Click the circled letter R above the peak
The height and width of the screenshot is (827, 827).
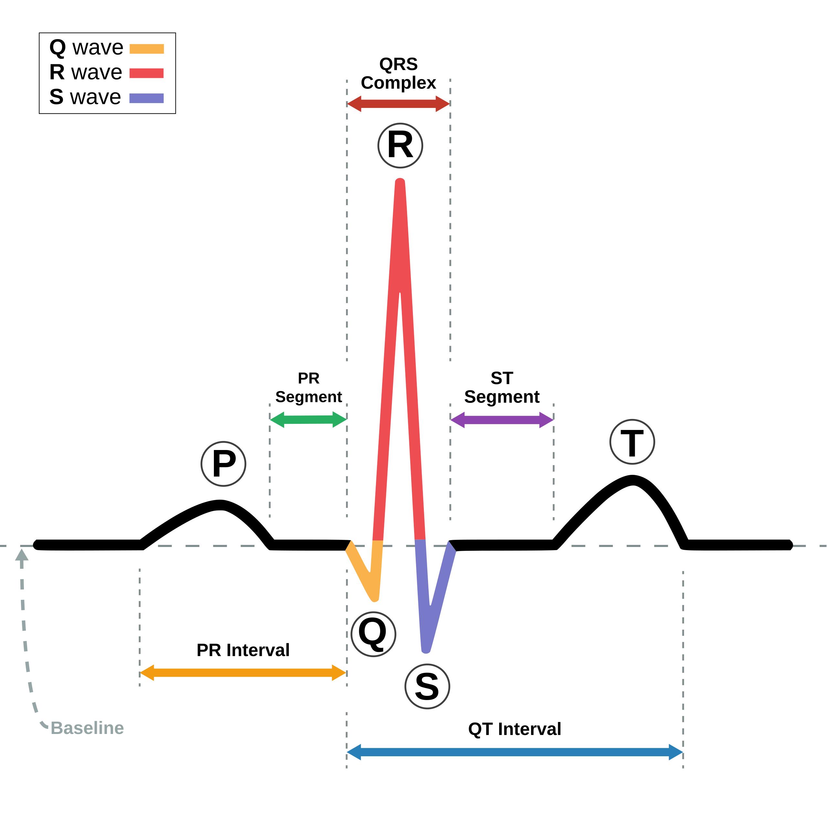pyautogui.click(x=400, y=146)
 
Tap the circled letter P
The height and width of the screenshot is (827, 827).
pyautogui.click(x=224, y=464)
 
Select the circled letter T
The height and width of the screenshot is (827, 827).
pyautogui.click(x=632, y=442)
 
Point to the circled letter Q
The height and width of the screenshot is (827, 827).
pyautogui.click(x=373, y=634)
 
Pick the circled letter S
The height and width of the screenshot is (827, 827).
pyautogui.click(x=427, y=686)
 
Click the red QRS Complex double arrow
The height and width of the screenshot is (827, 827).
pyautogui.click(x=398, y=104)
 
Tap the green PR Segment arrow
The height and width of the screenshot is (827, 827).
pyautogui.click(x=308, y=420)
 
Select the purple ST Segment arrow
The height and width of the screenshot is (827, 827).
pyautogui.click(x=502, y=420)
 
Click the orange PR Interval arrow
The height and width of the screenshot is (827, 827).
pyautogui.click(x=243, y=673)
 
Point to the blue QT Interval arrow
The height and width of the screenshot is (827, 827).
pyautogui.click(x=515, y=752)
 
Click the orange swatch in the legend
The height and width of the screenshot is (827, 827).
pyautogui.click(x=147, y=49)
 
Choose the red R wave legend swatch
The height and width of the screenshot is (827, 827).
pyautogui.click(x=147, y=73)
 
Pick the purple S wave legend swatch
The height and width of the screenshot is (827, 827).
pyautogui.click(x=147, y=99)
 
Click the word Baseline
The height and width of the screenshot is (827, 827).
pyautogui.click(x=87, y=728)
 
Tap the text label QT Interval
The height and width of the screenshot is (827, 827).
pyautogui.click(x=515, y=729)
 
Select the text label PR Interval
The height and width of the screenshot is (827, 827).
pyautogui.click(x=243, y=650)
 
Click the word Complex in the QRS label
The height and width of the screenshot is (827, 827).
pyautogui.click(x=398, y=83)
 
